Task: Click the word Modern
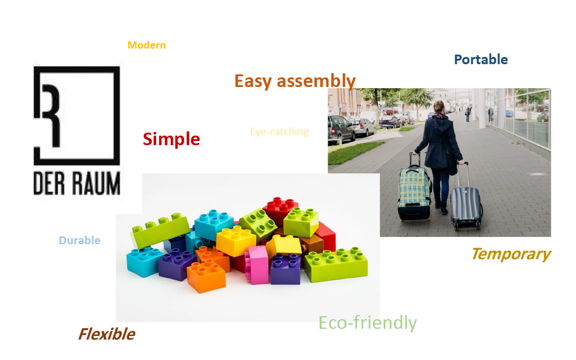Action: point(146,45)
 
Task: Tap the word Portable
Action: point(481,59)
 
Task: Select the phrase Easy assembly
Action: point(295,81)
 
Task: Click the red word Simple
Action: point(171,139)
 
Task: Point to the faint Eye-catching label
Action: point(279,131)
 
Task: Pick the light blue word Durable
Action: point(80,240)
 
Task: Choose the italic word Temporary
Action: point(511,254)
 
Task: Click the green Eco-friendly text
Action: point(367,323)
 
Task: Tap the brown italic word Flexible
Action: point(107,334)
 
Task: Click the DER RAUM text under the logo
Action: point(77,183)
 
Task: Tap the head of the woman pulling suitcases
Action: point(439,107)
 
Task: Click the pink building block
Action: point(257,265)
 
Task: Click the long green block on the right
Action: point(336,264)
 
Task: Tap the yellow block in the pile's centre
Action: point(235,240)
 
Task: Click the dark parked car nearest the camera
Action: point(340,130)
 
